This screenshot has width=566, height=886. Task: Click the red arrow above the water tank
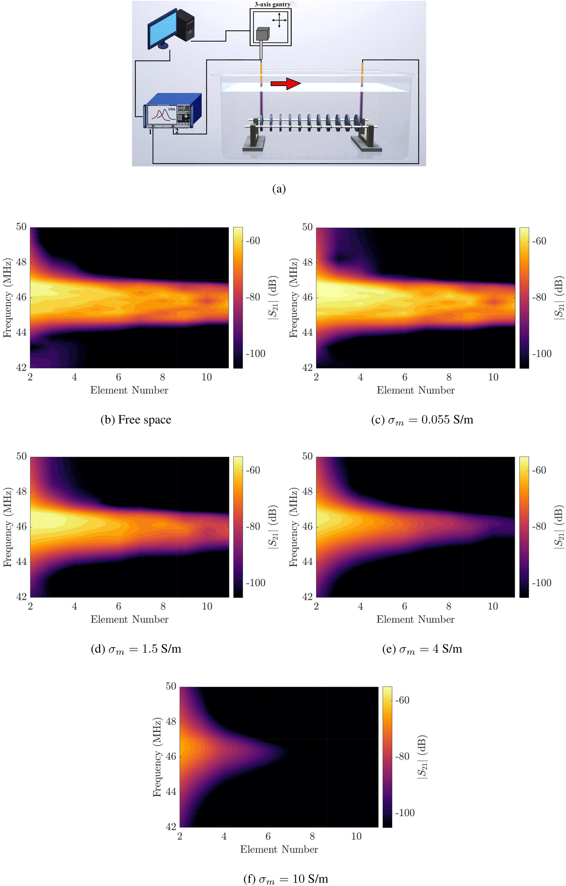(x=286, y=84)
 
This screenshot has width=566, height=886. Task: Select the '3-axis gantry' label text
(x=272, y=4)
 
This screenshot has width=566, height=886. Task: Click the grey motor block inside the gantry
(x=263, y=34)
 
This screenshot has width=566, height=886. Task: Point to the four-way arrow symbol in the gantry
(x=279, y=20)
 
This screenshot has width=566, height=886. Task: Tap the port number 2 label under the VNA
(x=177, y=131)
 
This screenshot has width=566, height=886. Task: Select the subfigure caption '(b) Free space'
(x=136, y=420)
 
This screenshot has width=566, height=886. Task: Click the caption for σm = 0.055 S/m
(x=422, y=420)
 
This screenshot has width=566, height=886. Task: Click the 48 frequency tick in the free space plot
(x=21, y=262)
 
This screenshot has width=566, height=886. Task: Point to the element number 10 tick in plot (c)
(x=493, y=377)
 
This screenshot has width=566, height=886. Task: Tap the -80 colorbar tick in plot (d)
(x=253, y=526)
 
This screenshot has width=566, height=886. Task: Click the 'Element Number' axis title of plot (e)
(x=415, y=620)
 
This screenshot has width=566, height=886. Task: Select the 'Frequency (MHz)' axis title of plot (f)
(x=157, y=756)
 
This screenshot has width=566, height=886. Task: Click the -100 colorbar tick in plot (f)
(x=404, y=813)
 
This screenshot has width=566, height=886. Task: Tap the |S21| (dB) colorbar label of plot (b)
(x=273, y=297)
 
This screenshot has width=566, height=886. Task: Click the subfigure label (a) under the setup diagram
(x=279, y=189)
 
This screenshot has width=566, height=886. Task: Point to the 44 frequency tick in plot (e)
(x=307, y=562)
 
